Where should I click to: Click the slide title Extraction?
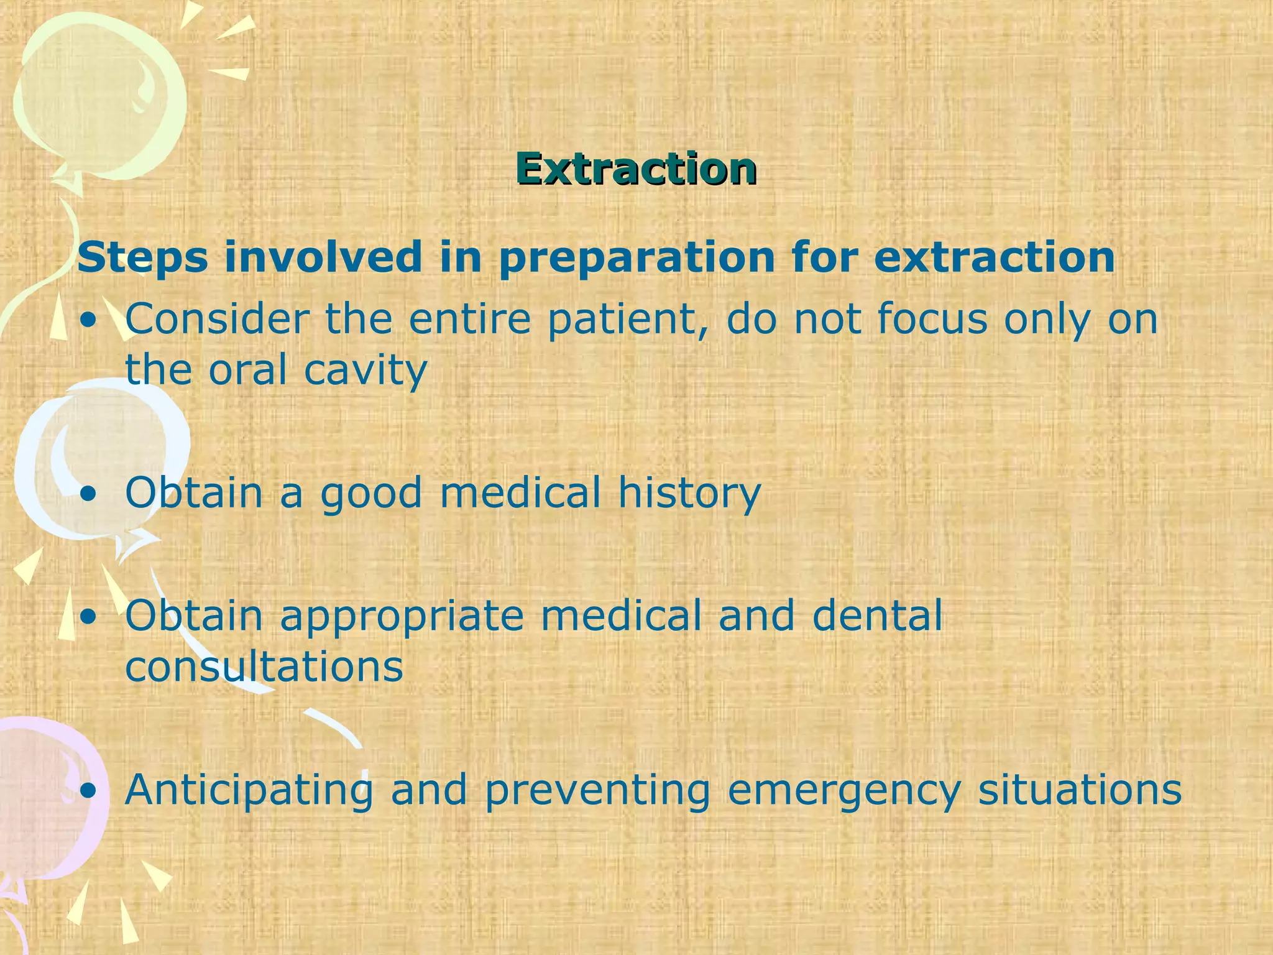[635, 168]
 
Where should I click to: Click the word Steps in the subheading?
[142, 257]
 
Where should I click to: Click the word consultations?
[264, 667]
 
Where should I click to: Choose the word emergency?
[844, 791]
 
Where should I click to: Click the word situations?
[1080, 790]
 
